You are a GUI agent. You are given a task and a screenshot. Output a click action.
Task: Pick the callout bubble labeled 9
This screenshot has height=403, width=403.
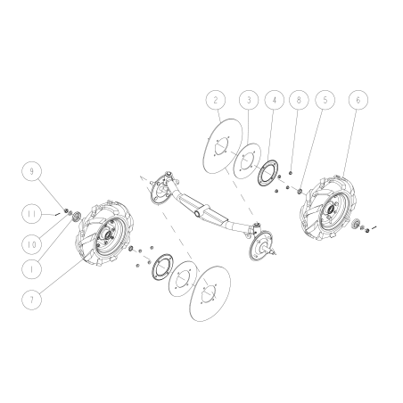[32, 169]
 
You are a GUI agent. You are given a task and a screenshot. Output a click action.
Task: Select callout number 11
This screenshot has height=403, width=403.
[32, 214]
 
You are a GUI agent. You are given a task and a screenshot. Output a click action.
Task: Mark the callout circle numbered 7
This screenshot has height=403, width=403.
[32, 300]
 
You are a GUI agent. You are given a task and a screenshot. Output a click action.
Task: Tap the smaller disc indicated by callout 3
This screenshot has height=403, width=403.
[242, 160]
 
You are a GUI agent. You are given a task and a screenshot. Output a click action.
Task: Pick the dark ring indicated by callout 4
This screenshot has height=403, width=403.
[265, 172]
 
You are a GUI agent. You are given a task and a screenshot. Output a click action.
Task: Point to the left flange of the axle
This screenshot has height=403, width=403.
[163, 188]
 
